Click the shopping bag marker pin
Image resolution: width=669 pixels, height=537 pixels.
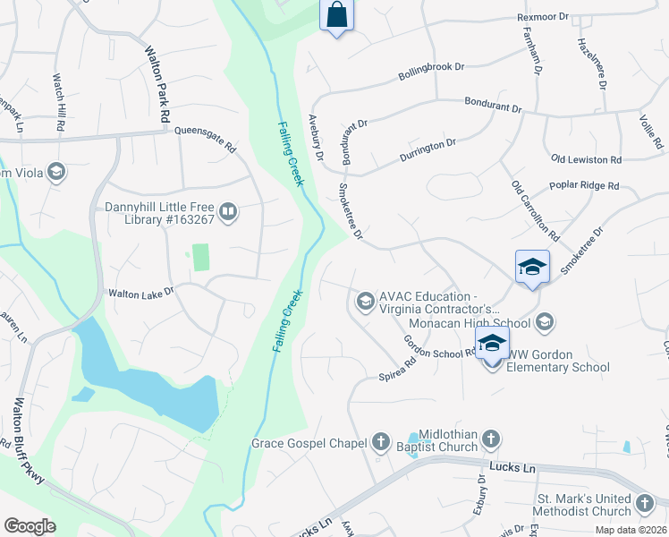[336, 15]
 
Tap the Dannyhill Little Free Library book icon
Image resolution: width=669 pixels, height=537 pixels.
[228, 212]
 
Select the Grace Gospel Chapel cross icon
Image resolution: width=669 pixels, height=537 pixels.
[381, 442]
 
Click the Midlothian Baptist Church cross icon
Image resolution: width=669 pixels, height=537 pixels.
[490, 439]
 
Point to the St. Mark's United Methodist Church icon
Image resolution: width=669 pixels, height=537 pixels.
[646, 504]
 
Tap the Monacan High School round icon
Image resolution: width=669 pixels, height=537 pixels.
[546, 321]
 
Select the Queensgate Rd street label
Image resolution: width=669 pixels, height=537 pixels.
[205, 138]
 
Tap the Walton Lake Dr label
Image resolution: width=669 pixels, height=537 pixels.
[140, 293]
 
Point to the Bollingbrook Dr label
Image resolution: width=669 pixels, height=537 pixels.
[432, 74]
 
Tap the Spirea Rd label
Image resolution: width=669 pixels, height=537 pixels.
[398, 369]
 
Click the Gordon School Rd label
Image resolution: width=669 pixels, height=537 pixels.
[438, 348]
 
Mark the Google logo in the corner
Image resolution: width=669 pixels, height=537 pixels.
[30, 525]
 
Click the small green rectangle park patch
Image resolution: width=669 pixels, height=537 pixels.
[200, 257]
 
